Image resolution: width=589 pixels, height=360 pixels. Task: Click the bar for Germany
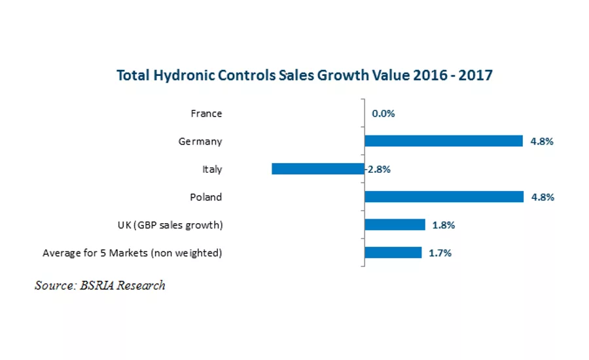click(443, 141)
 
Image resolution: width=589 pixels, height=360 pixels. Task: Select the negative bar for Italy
click(317, 169)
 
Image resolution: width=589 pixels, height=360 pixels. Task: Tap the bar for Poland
click(444, 197)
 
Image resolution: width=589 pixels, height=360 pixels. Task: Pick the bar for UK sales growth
click(395, 225)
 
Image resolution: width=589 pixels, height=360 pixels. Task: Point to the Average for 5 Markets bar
click(393, 253)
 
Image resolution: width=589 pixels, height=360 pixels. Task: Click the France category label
click(206, 113)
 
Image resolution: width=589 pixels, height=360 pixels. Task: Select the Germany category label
click(200, 141)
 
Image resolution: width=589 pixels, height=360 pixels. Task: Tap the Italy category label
click(212, 170)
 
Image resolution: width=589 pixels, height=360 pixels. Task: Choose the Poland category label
click(205, 197)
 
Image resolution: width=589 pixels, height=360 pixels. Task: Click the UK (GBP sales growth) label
click(166, 225)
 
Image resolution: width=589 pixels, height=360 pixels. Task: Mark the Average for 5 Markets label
click(132, 253)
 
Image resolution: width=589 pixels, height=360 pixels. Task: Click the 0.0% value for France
click(384, 113)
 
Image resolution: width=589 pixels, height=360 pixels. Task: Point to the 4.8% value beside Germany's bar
click(542, 141)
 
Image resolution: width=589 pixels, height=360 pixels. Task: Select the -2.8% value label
click(378, 170)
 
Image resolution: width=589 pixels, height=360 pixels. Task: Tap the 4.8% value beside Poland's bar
click(543, 197)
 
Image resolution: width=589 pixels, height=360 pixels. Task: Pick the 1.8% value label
click(444, 225)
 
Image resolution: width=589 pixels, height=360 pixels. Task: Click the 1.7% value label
click(440, 253)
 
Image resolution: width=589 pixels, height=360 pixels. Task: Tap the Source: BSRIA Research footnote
click(100, 285)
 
